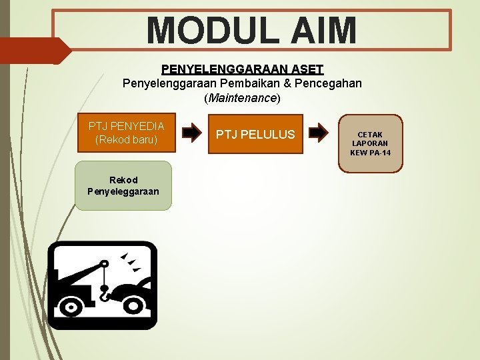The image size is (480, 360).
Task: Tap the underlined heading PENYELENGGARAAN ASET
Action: [x=242, y=69]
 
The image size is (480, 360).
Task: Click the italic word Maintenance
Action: [x=242, y=98]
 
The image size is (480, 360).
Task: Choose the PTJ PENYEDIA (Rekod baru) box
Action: [x=126, y=133]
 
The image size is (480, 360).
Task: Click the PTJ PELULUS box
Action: [x=255, y=134]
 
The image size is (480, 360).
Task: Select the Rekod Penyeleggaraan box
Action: [x=123, y=185]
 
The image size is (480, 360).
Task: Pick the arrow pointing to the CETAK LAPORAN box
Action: [x=320, y=133]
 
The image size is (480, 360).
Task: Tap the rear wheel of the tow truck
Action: [x=69, y=306]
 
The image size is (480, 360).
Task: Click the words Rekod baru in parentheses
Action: [x=126, y=140]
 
